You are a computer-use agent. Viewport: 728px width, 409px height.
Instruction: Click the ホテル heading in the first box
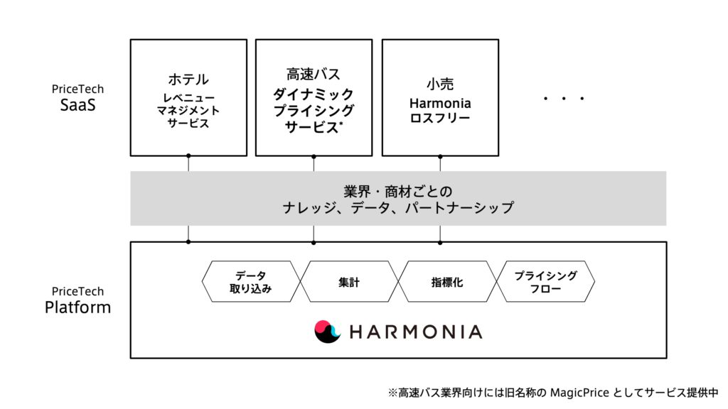click(x=188, y=80)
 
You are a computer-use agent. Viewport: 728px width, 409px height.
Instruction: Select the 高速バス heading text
click(x=314, y=74)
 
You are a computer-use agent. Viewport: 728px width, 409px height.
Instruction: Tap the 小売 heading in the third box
click(x=440, y=84)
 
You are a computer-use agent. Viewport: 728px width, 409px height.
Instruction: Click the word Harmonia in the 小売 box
click(x=440, y=103)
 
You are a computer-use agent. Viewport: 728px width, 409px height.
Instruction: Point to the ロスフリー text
click(x=440, y=118)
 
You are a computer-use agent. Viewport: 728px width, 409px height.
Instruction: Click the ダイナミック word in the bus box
click(x=314, y=94)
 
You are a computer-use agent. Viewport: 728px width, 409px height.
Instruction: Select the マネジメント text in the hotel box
click(x=188, y=111)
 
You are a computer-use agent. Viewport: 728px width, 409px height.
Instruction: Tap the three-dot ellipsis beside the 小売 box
click(x=564, y=98)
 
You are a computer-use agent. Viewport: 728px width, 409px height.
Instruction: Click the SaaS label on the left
click(x=78, y=105)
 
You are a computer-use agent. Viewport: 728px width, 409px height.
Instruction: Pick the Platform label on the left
click(x=78, y=307)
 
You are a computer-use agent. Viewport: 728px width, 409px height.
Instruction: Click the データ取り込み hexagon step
click(x=251, y=281)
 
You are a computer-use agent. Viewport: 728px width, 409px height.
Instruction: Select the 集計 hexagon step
click(x=349, y=281)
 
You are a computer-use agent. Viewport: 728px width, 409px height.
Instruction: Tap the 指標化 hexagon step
click(x=447, y=281)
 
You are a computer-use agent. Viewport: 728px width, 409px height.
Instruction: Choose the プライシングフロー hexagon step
click(x=545, y=281)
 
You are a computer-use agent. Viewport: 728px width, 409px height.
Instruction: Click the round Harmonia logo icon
click(x=327, y=332)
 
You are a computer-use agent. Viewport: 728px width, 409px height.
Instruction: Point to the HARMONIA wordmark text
click(x=416, y=332)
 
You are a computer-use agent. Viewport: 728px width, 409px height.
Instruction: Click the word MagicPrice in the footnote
click(x=579, y=393)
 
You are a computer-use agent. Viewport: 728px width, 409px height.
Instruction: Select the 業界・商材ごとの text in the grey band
click(x=398, y=192)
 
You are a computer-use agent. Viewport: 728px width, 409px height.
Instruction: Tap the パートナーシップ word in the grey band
click(x=460, y=207)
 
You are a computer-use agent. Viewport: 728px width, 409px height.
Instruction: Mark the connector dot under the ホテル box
click(x=188, y=156)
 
